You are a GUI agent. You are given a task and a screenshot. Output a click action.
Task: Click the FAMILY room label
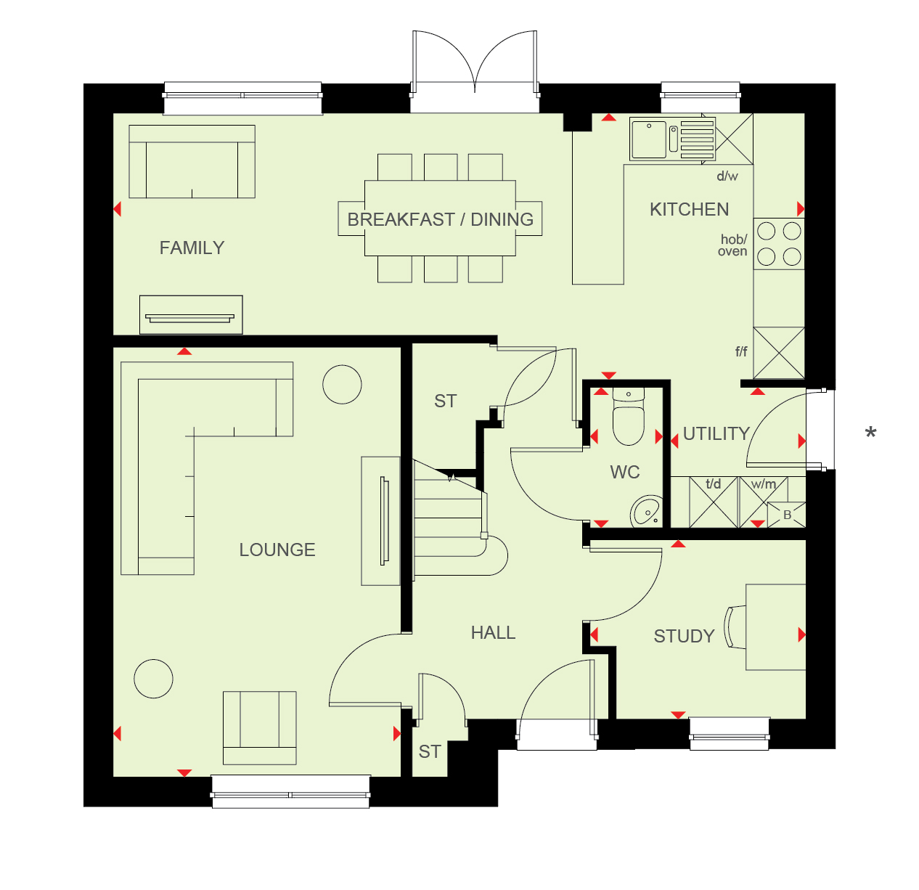tap(192, 248)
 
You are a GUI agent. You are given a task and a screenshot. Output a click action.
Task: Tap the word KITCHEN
tap(689, 210)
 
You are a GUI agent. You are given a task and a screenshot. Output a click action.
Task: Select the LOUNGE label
tap(277, 550)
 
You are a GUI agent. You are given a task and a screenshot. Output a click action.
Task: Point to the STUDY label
tap(684, 637)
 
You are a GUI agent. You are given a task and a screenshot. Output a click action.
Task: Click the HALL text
tap(493, 633)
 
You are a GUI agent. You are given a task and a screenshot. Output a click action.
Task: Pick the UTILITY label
tap(716, 434)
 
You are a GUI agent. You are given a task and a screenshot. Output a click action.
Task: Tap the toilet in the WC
tap(628, 417)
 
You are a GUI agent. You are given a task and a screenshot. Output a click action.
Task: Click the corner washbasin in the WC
tap(646, 511)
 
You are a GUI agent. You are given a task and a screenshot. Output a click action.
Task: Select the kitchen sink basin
tap(650, 140)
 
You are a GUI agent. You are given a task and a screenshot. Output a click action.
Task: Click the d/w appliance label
tap(727, 176)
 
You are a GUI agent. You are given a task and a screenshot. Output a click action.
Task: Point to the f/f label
tap(741, 351)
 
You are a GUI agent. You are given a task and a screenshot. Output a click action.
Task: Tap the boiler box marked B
tap(787, 515)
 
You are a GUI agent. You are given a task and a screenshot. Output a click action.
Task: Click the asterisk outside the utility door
tap(871, 433)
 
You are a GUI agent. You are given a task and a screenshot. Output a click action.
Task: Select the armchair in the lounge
tap(260, 728)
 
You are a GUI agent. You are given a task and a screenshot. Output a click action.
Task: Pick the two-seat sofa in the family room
tap(192, 161)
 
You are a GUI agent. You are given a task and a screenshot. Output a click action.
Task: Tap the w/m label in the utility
tap(764, 484)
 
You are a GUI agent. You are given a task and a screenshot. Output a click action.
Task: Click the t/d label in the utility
tap(714, 484)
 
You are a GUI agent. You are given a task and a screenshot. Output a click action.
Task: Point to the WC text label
tap(625, 472)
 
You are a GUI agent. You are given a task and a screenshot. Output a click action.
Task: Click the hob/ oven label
tap(732, 245)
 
